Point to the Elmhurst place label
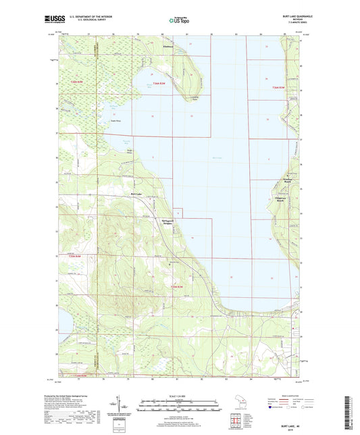click(169, 47)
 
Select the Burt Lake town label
click(136, 194)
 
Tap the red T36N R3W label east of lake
click(278, 88)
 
